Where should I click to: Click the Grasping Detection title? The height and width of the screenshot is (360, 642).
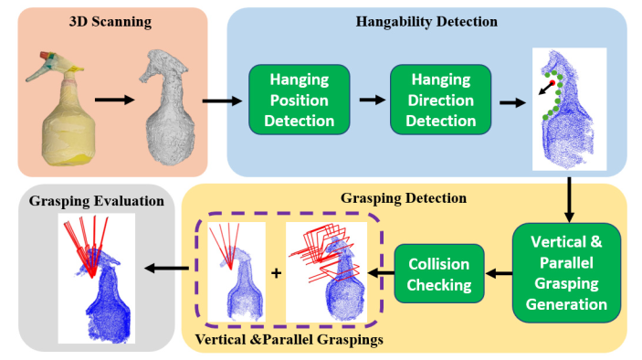404,197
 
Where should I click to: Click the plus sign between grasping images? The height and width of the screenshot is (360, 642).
276,273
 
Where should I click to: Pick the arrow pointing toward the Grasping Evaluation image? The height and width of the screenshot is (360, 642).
167,268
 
